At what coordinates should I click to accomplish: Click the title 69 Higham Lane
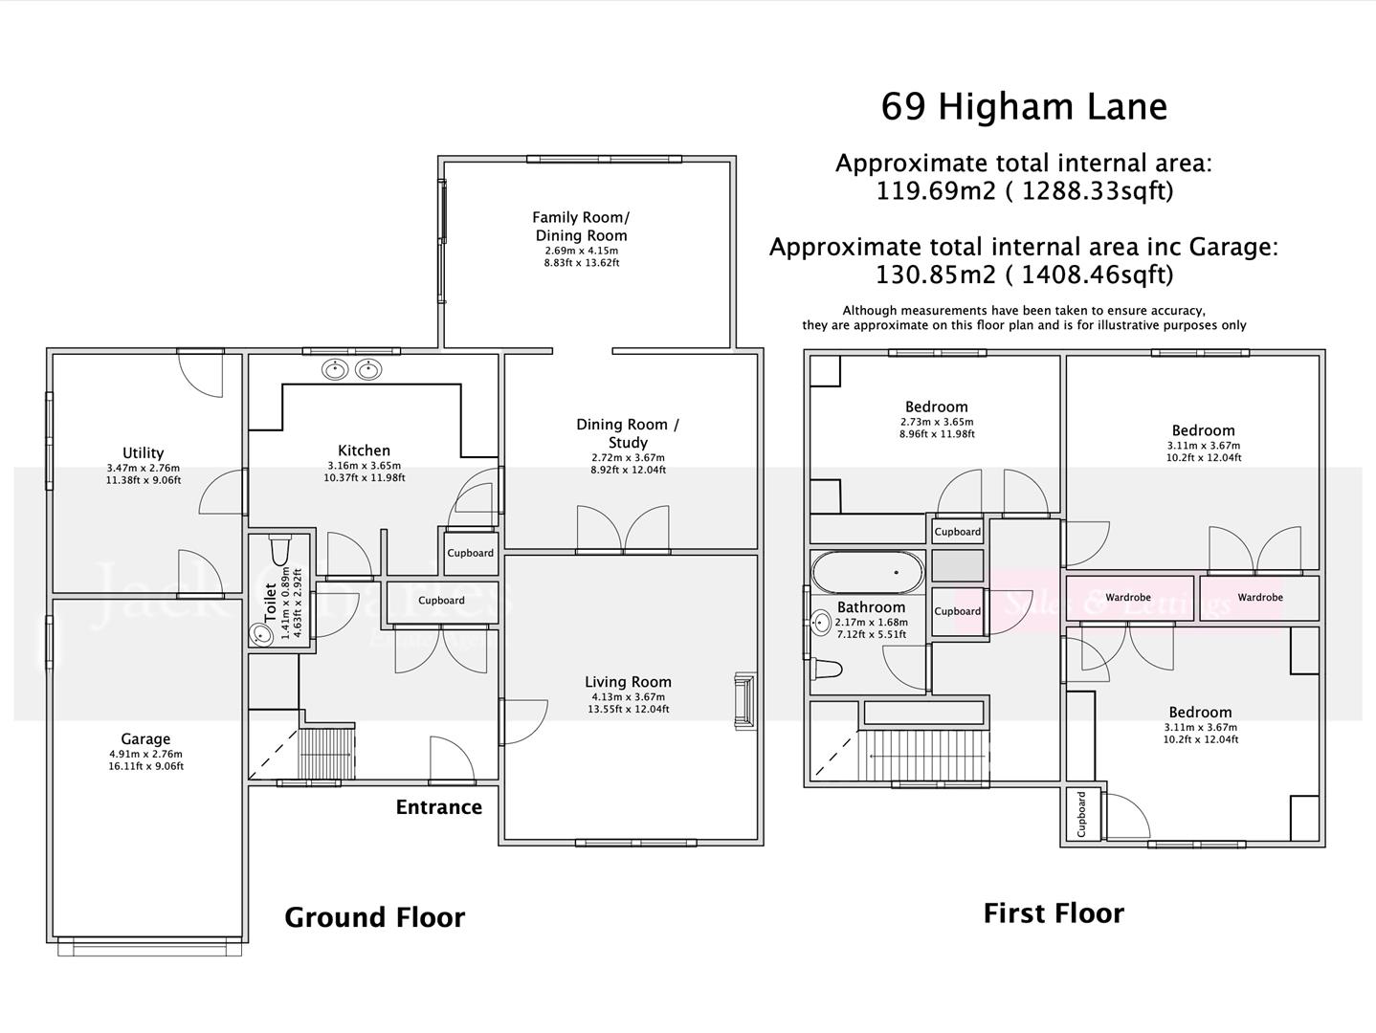coord(1023,106)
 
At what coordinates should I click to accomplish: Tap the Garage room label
coord(145,738)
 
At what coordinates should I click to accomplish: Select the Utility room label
coord(143,452)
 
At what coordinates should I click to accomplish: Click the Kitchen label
coord(364,451)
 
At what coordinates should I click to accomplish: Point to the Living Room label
coord(628,682)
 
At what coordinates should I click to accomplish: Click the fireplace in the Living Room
coord(743,703)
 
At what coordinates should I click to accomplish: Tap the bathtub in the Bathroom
coord(867,573)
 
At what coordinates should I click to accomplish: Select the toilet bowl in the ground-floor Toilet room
coord(280,551)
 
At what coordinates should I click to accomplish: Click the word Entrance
coord(438,807)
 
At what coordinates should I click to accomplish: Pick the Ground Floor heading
coord(374,917)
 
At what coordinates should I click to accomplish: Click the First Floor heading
coord(1054,913)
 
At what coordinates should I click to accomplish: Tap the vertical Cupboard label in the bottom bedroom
coord(1081,814)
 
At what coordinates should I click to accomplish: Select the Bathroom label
coord(871,607)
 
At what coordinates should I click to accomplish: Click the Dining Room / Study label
coord(628,432)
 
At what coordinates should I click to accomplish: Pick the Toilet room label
coord(270,603)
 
